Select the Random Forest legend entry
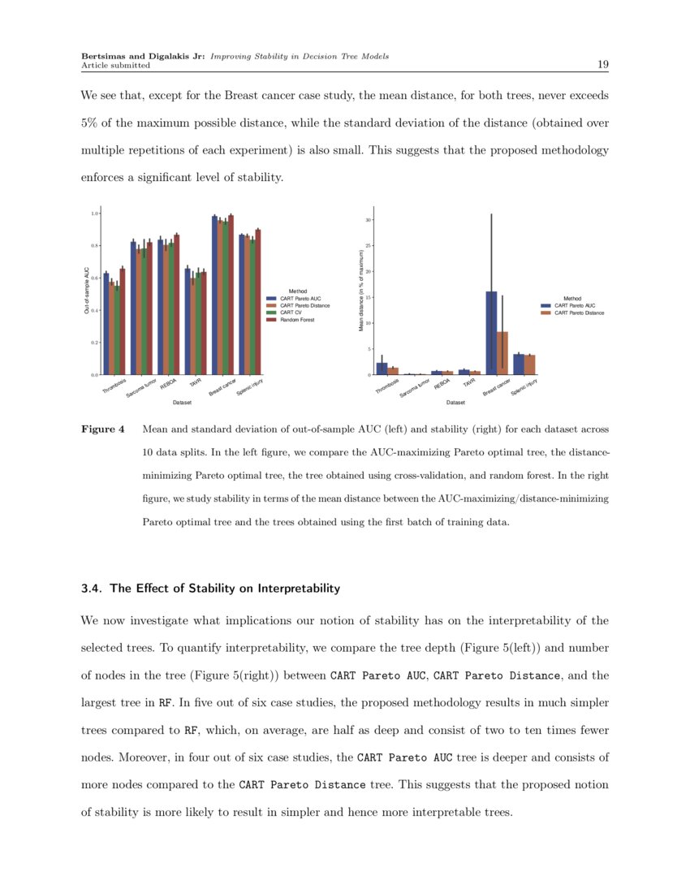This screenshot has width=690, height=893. point(295,320)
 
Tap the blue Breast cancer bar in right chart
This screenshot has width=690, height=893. point(491,333)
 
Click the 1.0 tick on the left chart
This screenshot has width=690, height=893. point(94,214)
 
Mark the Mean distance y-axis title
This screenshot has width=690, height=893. point(360,289)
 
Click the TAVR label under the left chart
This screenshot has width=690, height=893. point(195,383)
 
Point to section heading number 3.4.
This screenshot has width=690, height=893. point(91,588)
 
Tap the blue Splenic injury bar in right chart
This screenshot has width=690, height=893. point(518,365)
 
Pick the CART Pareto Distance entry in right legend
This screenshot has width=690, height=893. point(579,313)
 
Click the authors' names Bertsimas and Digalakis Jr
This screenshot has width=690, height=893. point(144,56)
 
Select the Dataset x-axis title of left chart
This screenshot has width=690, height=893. point(182,403)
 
